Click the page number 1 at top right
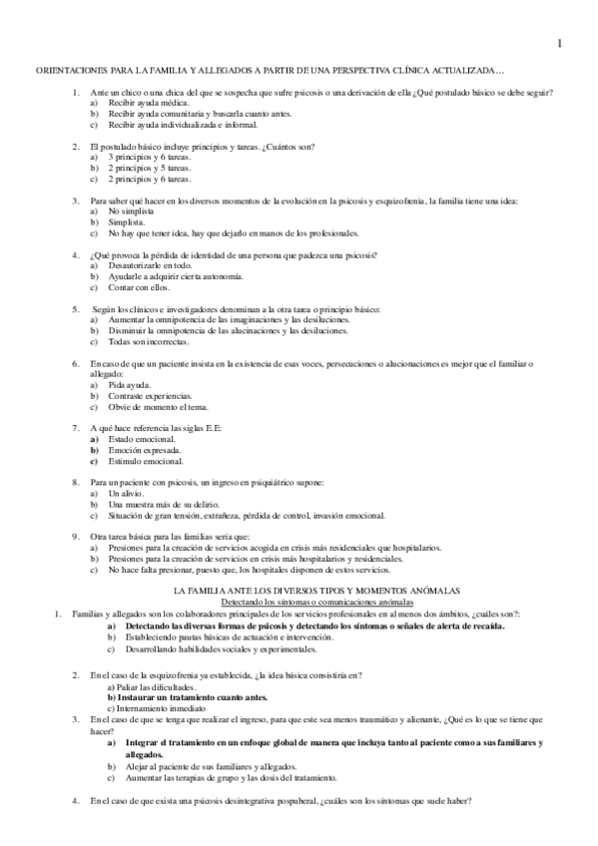click(559, 43)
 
